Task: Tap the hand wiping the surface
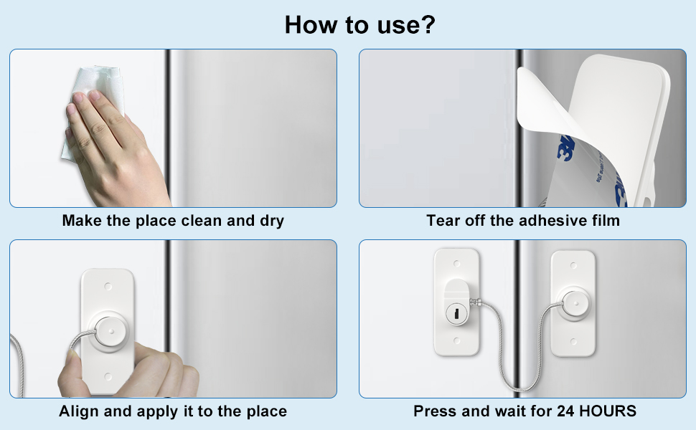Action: point(115,143)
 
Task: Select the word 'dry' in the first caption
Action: point(270,221)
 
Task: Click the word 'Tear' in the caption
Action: point(443,221)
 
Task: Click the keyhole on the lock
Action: point(455,313)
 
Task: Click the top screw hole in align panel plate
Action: point(108,285)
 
